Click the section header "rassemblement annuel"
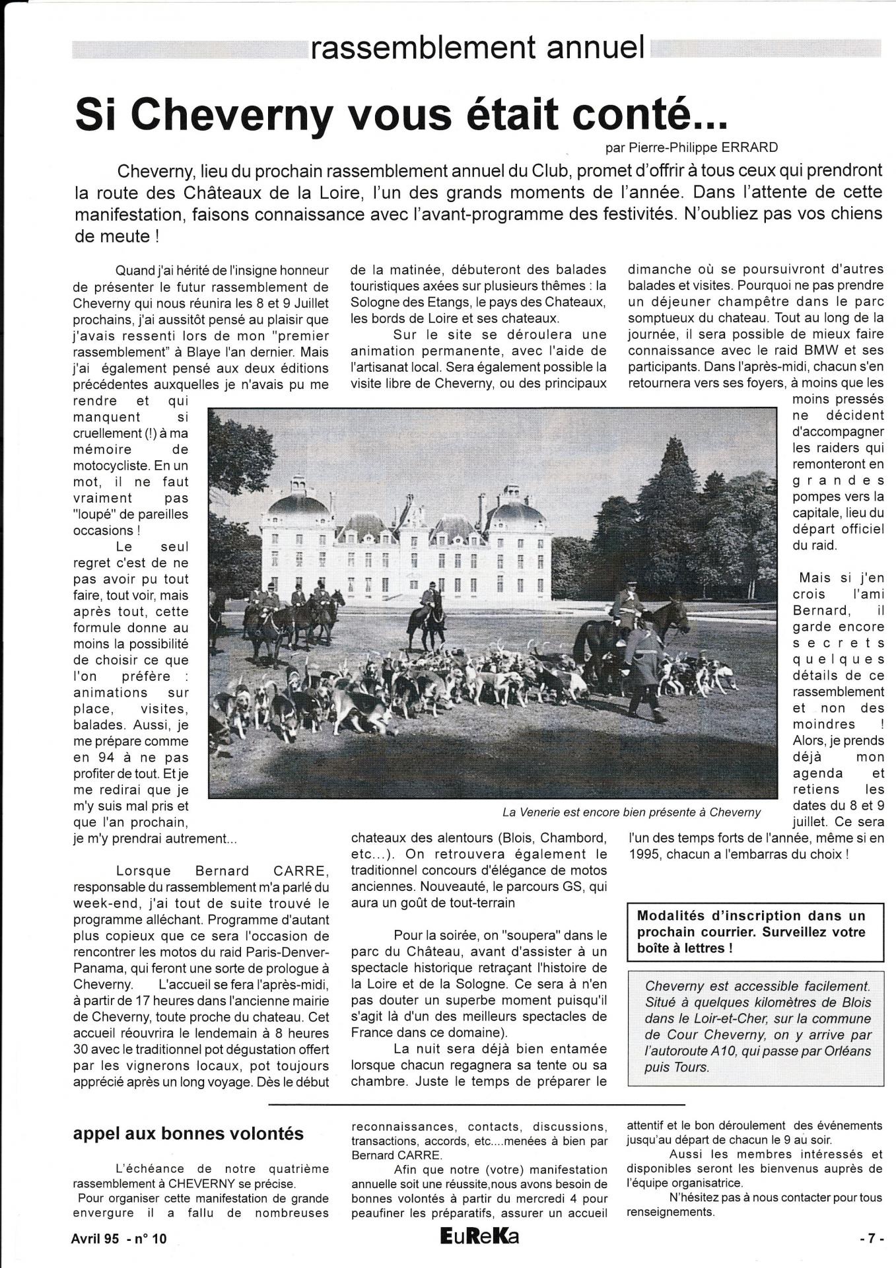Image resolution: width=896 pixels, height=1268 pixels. pyautogui.click(x=477, y=47)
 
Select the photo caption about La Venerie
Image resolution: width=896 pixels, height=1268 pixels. pyautogui.click(x=631, y=812)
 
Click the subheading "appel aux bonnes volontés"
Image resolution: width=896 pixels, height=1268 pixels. pyautogui.click(x=188, y=1134)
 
